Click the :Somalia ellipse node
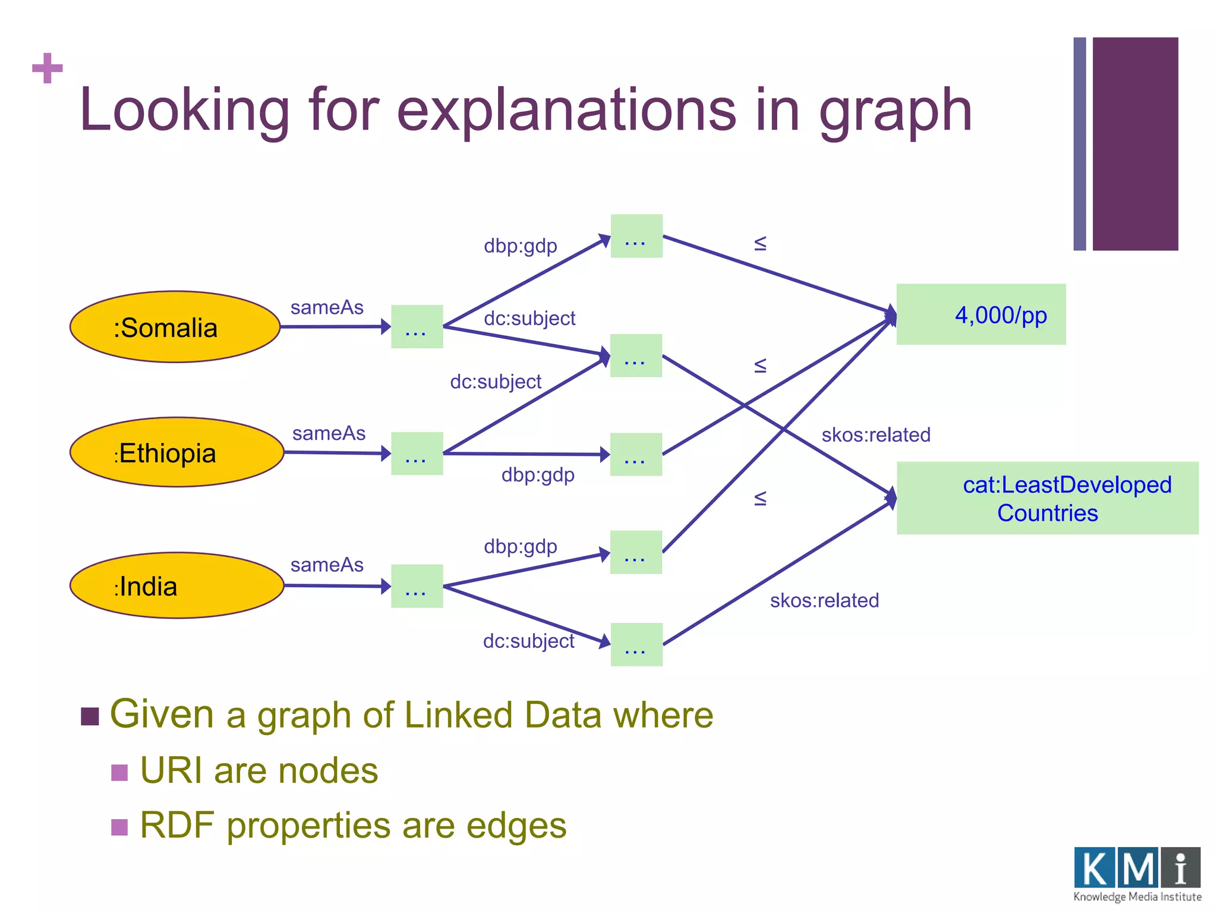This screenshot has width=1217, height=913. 175,327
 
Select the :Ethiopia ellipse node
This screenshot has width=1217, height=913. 176,452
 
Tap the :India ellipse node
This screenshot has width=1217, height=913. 176,585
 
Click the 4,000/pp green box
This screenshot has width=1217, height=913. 980,314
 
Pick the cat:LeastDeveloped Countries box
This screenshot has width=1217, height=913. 1047,498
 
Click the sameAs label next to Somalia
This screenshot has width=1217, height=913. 327,307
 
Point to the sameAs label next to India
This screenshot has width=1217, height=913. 327,565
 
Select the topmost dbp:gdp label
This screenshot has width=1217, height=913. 520,245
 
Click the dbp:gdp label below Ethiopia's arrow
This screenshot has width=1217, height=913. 538,475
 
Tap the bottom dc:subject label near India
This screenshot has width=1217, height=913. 528,641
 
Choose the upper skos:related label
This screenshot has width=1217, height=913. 875,435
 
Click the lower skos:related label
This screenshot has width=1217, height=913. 824,600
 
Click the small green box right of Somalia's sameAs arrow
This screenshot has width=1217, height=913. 417,327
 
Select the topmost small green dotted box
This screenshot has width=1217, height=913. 636,236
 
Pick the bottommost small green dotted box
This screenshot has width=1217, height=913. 636,644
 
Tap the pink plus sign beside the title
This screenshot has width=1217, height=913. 48,68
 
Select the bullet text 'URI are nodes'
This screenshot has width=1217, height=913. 258,771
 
